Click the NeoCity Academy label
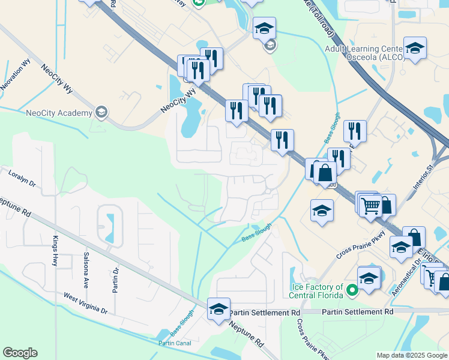(x=59, y=113)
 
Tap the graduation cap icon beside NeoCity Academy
(x=101, y=112)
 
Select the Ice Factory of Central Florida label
(x=317, y=291)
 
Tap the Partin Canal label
(x=174, y=343)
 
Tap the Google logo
(x=20, y=353)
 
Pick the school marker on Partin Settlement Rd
(x=218, y=309)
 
